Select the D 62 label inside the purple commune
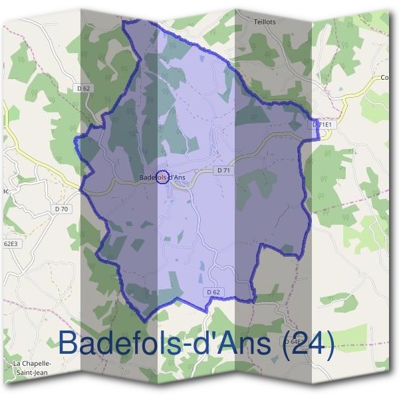[x=213, y=291]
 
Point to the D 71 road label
[x=223, y=171]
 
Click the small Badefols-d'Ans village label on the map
[x=162, y=177]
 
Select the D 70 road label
[x=62, y=209]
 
